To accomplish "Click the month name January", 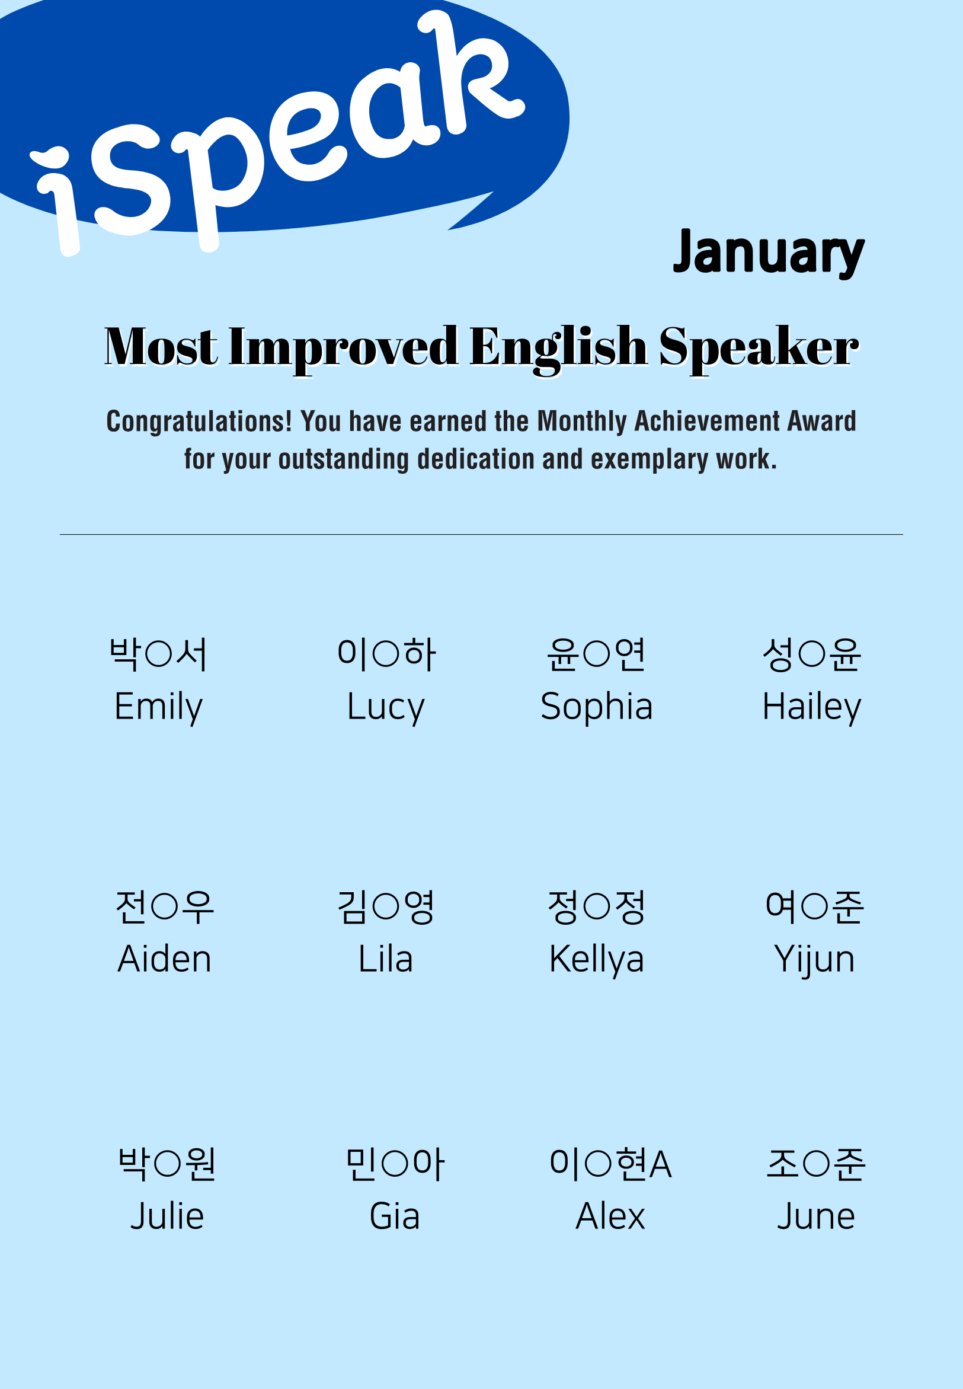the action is [769, 254].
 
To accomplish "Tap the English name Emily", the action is [159, 707].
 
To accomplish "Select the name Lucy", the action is [386, 707].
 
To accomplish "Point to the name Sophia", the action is [597, 707].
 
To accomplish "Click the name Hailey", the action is [812, 707].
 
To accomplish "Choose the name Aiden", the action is [165, 959].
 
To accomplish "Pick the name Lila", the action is [386, 959].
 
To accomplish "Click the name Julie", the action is [167, 1216].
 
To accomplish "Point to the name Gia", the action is [395, 1216].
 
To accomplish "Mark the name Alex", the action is [610, 1216].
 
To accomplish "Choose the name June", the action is [816, 1216].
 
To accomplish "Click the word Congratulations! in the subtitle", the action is [199, 422].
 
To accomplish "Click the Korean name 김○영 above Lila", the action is [386, 906].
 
